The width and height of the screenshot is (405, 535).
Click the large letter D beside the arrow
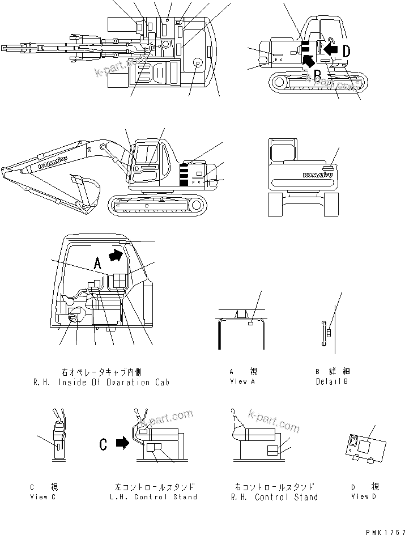(x=346, y=51)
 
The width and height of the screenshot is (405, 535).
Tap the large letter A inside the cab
(x=97, y=262)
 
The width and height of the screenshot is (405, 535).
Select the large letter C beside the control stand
(x=103, y=445)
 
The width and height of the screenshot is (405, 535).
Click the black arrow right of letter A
(x=115, y=256)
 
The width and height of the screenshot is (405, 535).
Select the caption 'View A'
(x=243, y=381)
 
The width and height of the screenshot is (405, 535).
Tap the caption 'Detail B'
(x=332, y=381)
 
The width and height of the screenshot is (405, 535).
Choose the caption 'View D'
(x=360, y=496)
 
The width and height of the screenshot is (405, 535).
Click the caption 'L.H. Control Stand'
(x=155, y=497)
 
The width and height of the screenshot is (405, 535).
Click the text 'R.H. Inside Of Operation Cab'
(x=101, y=382)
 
